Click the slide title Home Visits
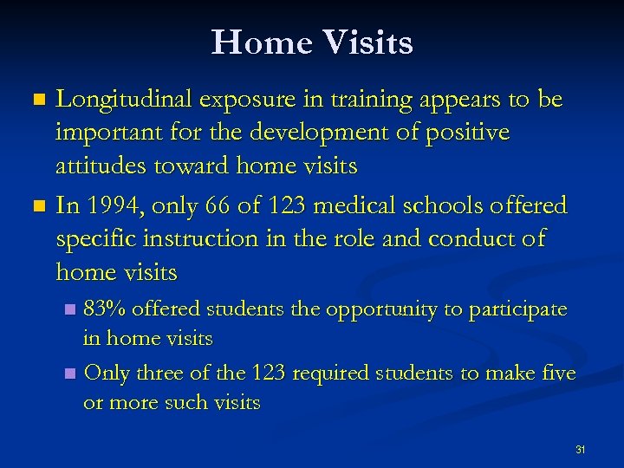(312, 42)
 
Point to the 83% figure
(105, 309)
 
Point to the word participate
(519, 309)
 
